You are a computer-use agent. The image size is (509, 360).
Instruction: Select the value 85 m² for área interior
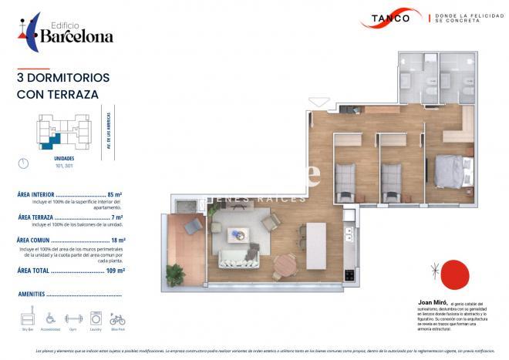click(x=116, y=195)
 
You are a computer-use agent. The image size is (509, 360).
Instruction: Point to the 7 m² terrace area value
click(x=117, y=217)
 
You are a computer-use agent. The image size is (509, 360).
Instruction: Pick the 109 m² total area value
click(x=113, y=271)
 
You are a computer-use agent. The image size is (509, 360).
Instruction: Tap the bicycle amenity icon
click(x=117, y=318)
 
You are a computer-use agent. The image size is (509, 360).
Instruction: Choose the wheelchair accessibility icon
click(x=51, y=318)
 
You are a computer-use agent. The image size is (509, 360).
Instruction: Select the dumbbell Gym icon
click(x=73, y=318)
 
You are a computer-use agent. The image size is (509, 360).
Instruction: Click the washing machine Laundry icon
click(x=96, y=318)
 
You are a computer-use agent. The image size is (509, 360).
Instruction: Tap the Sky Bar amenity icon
click(x=29, y=318)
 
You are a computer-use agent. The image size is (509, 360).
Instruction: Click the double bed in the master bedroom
click(x=449, y=170)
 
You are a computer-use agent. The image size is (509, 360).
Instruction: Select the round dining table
click(x=285, y=263)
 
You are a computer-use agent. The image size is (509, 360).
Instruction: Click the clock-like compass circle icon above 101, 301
click(x=23, y=163)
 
